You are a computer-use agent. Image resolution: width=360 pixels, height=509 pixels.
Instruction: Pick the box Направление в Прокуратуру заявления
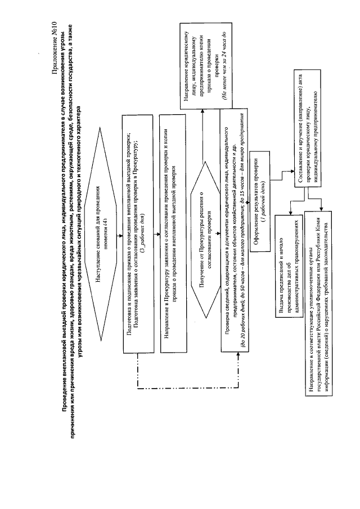pyautogui.click(x=170, y=233)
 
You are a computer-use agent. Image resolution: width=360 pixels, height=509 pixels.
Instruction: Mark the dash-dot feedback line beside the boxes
pyautogui.click(x=137, y=371)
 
